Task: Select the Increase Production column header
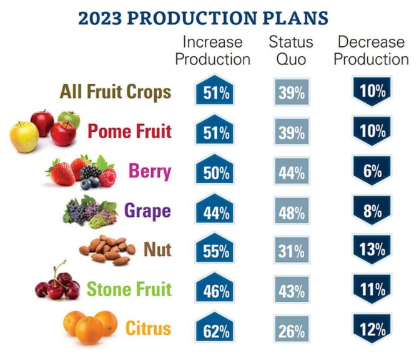coord(213,51)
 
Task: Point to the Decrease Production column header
coord(373,51)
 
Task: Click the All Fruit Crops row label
coord(116,92)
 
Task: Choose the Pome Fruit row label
coord(129,132)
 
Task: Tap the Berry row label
coord(150,171)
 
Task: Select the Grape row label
coord(147,211)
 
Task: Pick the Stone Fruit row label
coord(129,289)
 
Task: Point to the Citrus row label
coord(149,328)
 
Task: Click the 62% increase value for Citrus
coord(216,329)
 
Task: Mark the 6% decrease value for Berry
coord(373,171)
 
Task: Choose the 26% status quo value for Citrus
coord(291,329)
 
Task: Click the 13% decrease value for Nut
coord(373,249)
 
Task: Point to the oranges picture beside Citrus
coord(90,326)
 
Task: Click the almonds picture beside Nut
coord(107,250)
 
